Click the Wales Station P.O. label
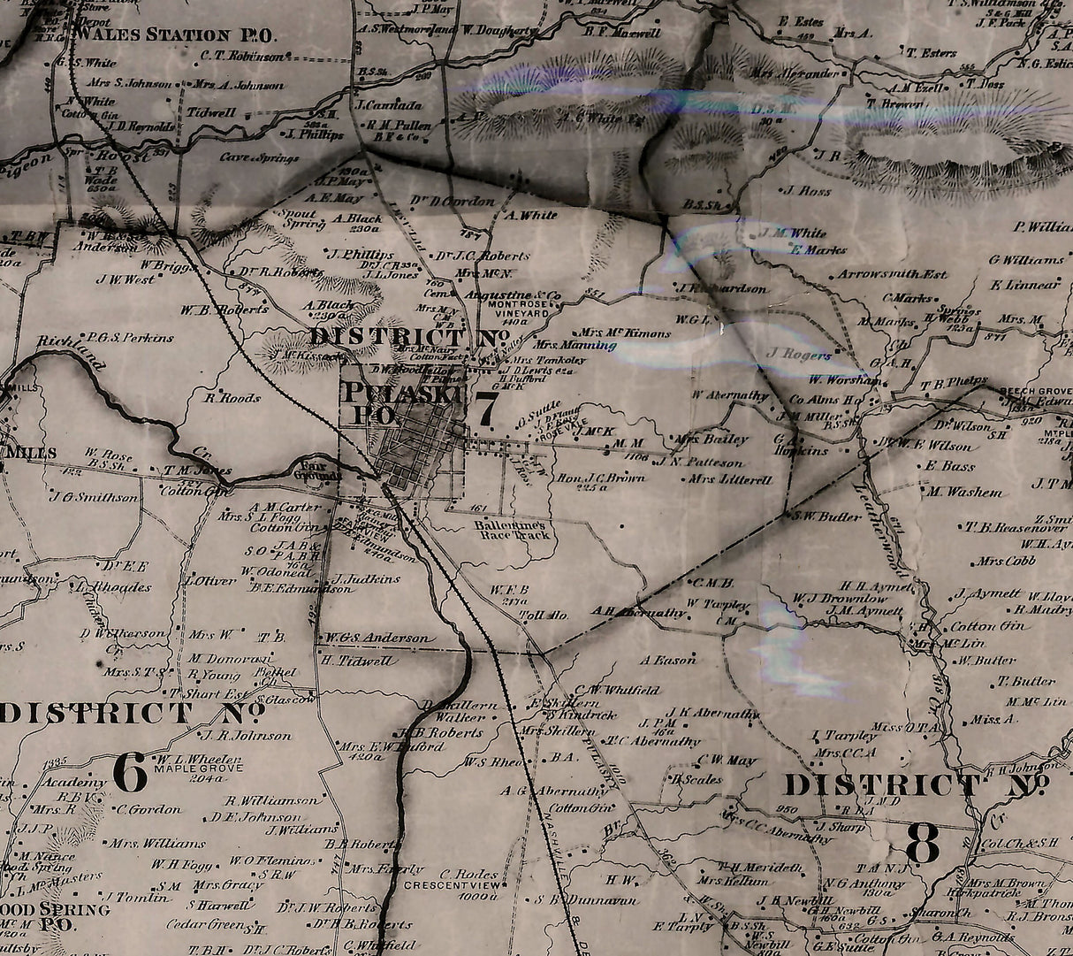click(x=175, y=35)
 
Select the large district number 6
click(x=130, y=774)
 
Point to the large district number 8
click(x=922, y=845)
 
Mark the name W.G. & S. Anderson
click(x=377, y=638)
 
